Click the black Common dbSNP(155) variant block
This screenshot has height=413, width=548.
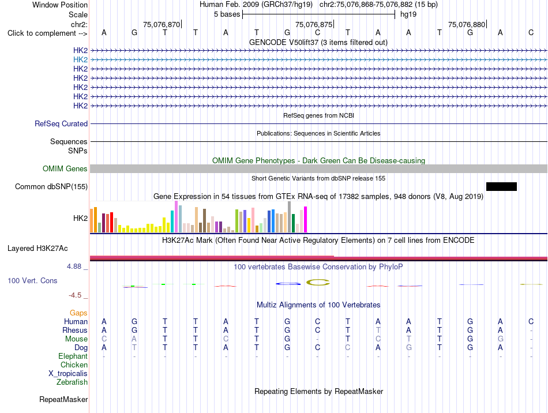(x=501, y=186)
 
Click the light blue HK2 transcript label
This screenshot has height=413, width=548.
(x=80, y=60)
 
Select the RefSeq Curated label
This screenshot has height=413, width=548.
(x=61, y=123)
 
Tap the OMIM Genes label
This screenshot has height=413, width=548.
(x=65, y=169)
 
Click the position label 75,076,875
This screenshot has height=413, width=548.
(x=314, y=24)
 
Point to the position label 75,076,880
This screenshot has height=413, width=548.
(x=467, y=24)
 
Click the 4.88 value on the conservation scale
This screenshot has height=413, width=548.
(x=74, y=266)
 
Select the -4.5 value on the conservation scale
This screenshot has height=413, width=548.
(x=75, y=295)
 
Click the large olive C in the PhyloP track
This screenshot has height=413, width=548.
(x=318, y=282)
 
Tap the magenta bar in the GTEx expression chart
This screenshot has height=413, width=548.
(x=306, y=219)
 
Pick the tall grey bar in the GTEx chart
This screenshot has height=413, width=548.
(x=290, y=217)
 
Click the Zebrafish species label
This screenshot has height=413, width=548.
(x=72, y=382)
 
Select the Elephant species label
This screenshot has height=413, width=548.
(x=73, y=356)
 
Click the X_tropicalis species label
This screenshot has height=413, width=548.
(x=68, y=374)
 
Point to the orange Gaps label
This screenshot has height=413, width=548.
(x=78, y=313)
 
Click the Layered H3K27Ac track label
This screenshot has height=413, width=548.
(x=37, y=249)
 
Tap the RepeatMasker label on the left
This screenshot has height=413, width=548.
(x=63, y=399)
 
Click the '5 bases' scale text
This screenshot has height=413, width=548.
(x=227, y=14)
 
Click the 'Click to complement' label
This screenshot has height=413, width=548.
(x=47, y=33)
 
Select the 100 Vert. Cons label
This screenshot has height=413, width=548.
(x=32, y=280)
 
